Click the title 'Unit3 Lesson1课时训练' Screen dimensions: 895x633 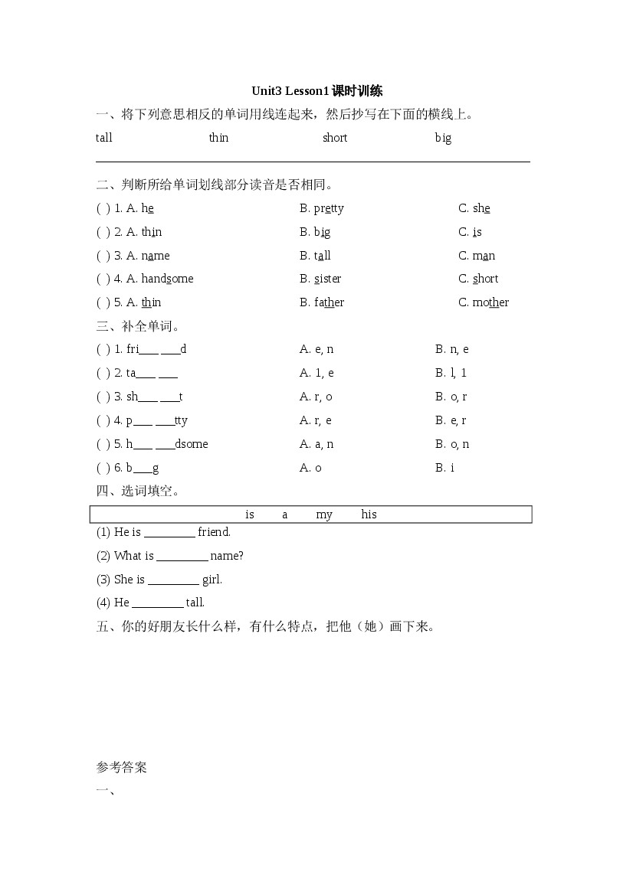tap(316, 91)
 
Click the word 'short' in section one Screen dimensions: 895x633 tap(335, 138)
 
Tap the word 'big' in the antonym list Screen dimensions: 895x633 tap(443, 138)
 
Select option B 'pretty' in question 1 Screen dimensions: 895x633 tap(329, 208)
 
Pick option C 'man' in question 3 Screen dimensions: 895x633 tap(484, 256)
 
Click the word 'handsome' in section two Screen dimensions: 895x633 tap(167, 279)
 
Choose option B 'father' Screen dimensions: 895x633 tap(329, 302)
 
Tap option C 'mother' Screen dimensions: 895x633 tap(490, 302)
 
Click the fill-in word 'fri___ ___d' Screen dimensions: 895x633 tap(156, 349)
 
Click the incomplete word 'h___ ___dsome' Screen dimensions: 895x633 tap(167, 444)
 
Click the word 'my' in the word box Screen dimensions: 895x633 tap(324, 514)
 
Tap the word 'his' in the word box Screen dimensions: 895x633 tap(369, 514)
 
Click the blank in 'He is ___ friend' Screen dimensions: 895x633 tap(169, 533)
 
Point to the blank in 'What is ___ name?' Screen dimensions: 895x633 tap(182, 557)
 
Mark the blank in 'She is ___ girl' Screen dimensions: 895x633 tap(173, 580)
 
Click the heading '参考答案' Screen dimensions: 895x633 tap(122, 767)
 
